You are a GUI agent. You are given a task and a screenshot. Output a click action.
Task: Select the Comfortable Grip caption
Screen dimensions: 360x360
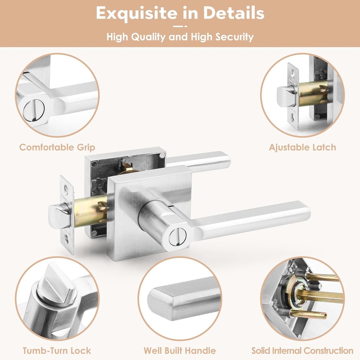point(57,147)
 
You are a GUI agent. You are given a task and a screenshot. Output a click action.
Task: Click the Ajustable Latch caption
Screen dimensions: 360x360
point(302,147)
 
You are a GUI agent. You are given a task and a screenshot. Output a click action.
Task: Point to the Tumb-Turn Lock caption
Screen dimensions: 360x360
point(57,351)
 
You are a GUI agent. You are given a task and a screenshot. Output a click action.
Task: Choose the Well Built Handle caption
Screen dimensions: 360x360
point(180,351)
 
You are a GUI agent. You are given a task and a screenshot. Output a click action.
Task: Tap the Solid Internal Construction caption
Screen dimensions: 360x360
point(302,351)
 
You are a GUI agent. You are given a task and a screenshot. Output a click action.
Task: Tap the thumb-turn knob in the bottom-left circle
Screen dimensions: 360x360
point(58,287)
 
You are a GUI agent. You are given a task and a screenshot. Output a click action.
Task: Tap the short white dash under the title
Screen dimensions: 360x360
point(180,26)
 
